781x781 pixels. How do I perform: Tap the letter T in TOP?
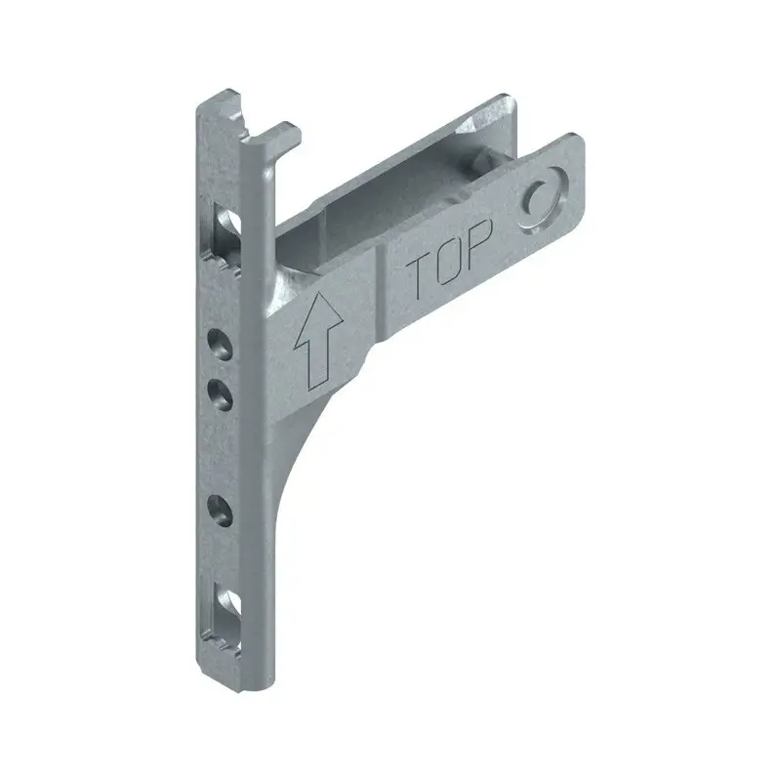tap(420, 280)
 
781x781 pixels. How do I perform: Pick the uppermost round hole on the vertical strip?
tap(221, 343)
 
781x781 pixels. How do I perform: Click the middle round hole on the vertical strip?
tap(221, 393)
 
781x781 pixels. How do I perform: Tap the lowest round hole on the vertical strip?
tap(221, 509)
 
